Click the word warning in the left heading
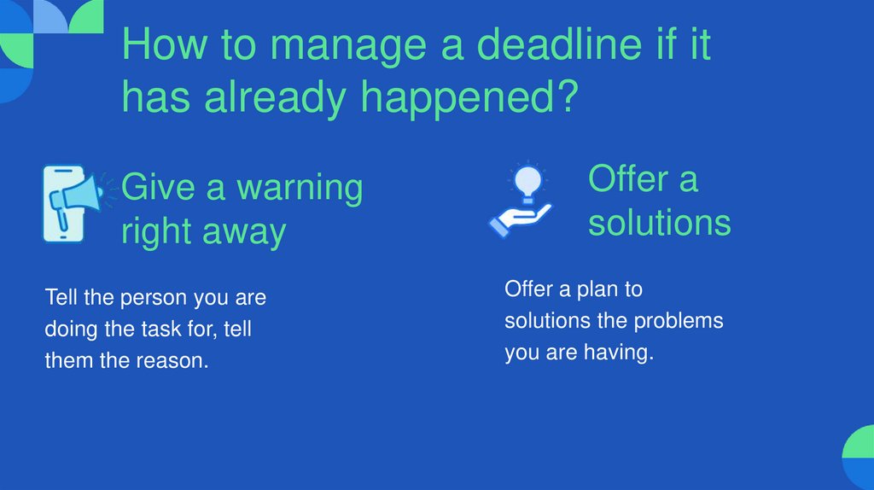(x=299, y=187)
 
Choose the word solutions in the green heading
(x=660, y=223)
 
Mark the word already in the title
(x=277, y=99)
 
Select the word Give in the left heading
(x=159, y=187)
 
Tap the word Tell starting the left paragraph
(x=61, y=298)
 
